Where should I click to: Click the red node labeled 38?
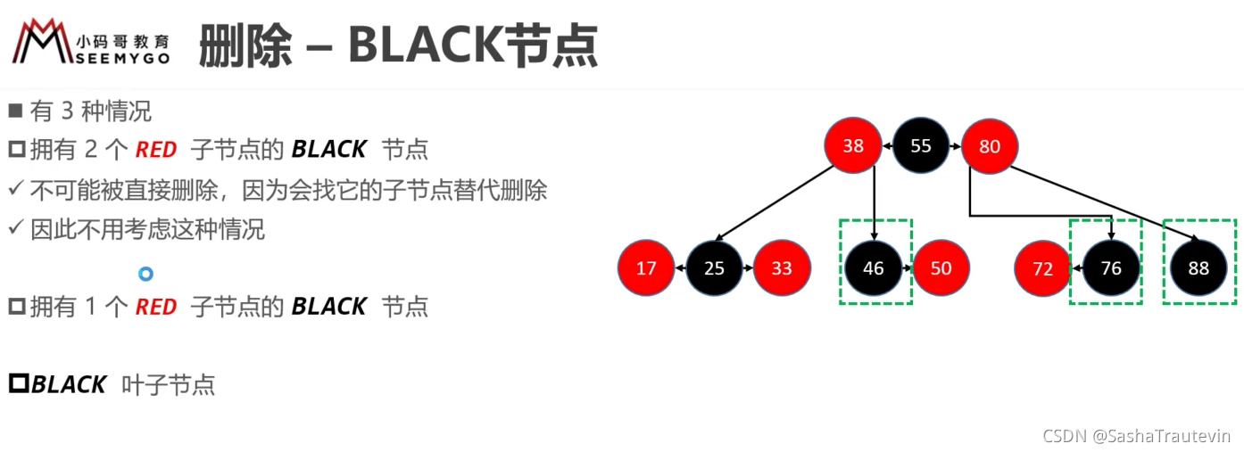point(853,145)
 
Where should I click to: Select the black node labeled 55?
point(921,145)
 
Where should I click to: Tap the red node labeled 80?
point(990,146)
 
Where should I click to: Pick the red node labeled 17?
point(646,267)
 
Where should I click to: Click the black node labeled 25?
point(714,267)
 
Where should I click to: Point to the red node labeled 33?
point(782,267)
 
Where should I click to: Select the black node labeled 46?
point(874,267)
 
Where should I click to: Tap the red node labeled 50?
point(941,267)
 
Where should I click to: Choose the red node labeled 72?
point(1043,268)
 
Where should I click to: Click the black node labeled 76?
point(1111,267)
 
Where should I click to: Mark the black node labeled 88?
point(1198,267)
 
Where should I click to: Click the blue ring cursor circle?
point(146,274)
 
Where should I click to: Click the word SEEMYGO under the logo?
point(123,59)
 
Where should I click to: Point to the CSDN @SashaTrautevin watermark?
point(1136,436)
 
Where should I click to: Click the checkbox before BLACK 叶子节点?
point(19,383)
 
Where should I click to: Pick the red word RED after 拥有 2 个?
point(156,150)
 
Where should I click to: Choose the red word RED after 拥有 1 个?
point(156,307)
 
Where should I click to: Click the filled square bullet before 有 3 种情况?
point(15,111)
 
